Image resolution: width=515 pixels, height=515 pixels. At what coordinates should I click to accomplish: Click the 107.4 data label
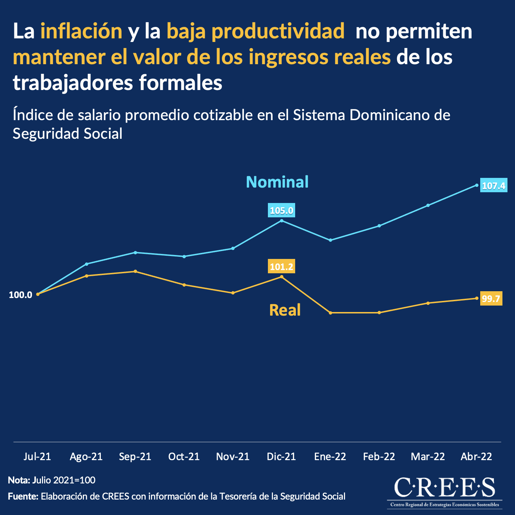493,186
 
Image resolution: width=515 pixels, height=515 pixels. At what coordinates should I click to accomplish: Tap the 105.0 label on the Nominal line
282,211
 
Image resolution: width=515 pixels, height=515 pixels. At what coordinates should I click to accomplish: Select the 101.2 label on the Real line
282,267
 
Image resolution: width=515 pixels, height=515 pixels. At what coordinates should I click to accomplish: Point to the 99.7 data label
491,298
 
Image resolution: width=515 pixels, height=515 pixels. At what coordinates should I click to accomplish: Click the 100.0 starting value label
20,295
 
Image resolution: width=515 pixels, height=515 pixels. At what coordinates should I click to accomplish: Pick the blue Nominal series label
277,182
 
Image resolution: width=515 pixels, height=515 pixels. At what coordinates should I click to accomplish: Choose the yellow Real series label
285,310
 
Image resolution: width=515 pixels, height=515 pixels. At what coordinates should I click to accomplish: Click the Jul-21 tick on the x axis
37,457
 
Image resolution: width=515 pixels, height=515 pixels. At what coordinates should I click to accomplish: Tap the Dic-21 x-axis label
282,457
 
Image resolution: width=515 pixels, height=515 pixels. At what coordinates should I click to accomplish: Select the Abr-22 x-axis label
476,457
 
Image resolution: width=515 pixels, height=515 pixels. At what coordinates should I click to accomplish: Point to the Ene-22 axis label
330,457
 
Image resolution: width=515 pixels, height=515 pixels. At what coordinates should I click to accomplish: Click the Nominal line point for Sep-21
135,252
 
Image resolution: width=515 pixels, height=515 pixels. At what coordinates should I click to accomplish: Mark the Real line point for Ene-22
330,313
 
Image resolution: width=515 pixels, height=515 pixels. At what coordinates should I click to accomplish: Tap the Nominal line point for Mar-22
428,205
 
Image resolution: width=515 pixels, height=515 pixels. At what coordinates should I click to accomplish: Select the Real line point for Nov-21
233,293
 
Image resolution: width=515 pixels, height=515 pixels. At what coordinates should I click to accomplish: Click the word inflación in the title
81,31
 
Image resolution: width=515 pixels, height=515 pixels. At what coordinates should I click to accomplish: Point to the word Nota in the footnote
18,480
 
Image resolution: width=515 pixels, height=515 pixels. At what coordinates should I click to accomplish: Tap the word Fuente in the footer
23,496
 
